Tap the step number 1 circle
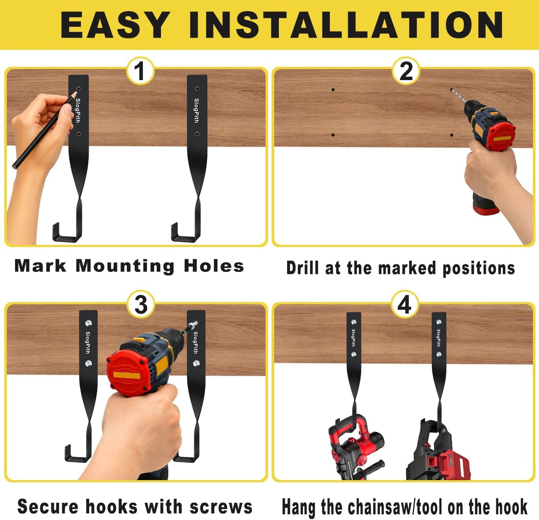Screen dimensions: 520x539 140,71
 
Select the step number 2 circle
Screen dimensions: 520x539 406,71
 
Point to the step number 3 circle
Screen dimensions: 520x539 141,305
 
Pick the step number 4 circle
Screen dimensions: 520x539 405,305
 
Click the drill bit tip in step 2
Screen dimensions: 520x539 452,91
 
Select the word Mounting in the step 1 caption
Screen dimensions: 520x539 125,266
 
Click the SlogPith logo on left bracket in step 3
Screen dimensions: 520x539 88,342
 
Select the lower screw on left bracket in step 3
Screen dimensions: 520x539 88,363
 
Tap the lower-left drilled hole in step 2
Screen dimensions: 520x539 333,135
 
